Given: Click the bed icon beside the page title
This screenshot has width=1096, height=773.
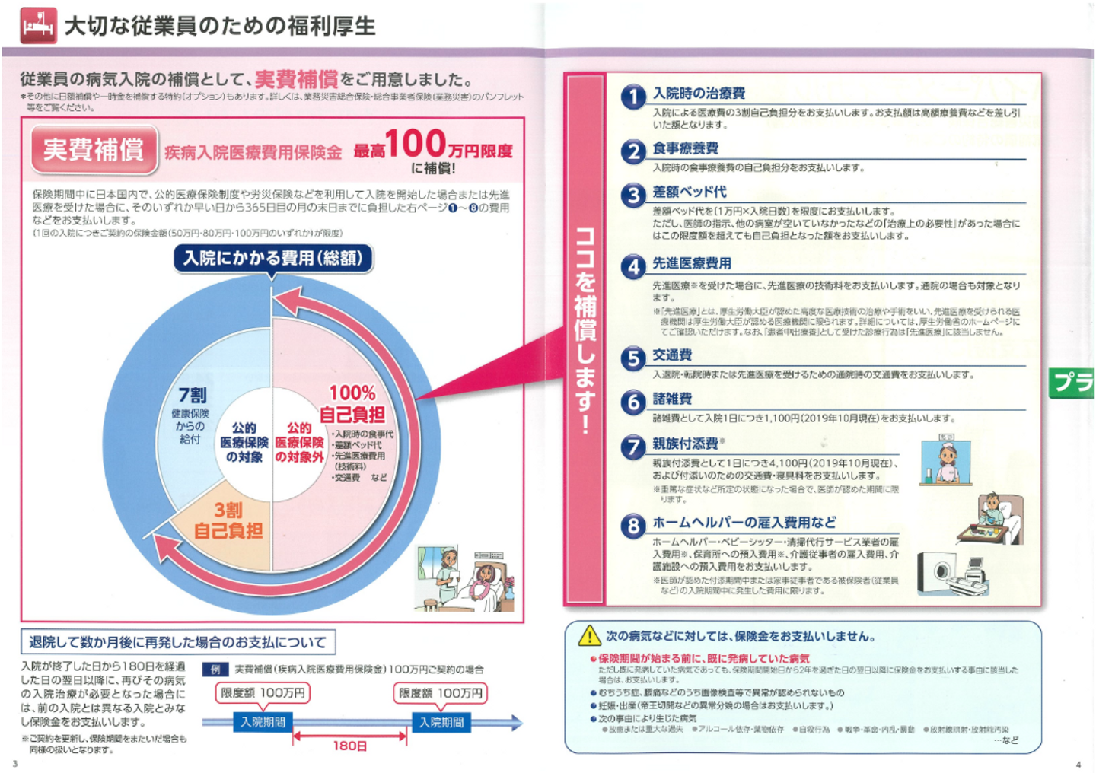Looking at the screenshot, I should [38, 26].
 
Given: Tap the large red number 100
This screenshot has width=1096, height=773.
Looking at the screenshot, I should [415, 144].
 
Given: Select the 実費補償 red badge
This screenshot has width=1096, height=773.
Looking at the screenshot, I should [94, 150].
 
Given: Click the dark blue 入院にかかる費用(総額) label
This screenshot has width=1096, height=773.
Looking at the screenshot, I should [272, 259].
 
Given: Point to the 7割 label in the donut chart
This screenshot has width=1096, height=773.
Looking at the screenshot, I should [193, 395].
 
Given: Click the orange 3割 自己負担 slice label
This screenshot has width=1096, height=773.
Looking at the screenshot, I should [228, 520].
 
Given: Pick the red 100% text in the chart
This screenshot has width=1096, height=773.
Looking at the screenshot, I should [352, 393].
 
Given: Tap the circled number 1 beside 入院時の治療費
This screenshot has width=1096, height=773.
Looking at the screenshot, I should [633, 97].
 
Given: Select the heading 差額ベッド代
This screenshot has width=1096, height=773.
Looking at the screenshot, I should [689, 192].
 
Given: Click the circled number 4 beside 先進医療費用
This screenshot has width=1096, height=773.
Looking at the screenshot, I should [633, 267].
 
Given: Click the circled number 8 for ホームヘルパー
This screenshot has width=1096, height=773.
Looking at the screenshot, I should [633, 526].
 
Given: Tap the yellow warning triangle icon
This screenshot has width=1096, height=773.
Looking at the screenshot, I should [589, 636].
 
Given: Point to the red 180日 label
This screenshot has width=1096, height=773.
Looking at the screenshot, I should [350, 746].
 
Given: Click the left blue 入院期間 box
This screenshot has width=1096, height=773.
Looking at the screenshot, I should [263, 722].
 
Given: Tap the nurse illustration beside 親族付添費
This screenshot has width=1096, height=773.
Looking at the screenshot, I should [946, 460].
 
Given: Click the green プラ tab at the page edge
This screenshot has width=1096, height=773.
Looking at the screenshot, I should [1072, 382].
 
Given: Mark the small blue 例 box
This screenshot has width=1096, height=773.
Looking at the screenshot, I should [215, 670].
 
